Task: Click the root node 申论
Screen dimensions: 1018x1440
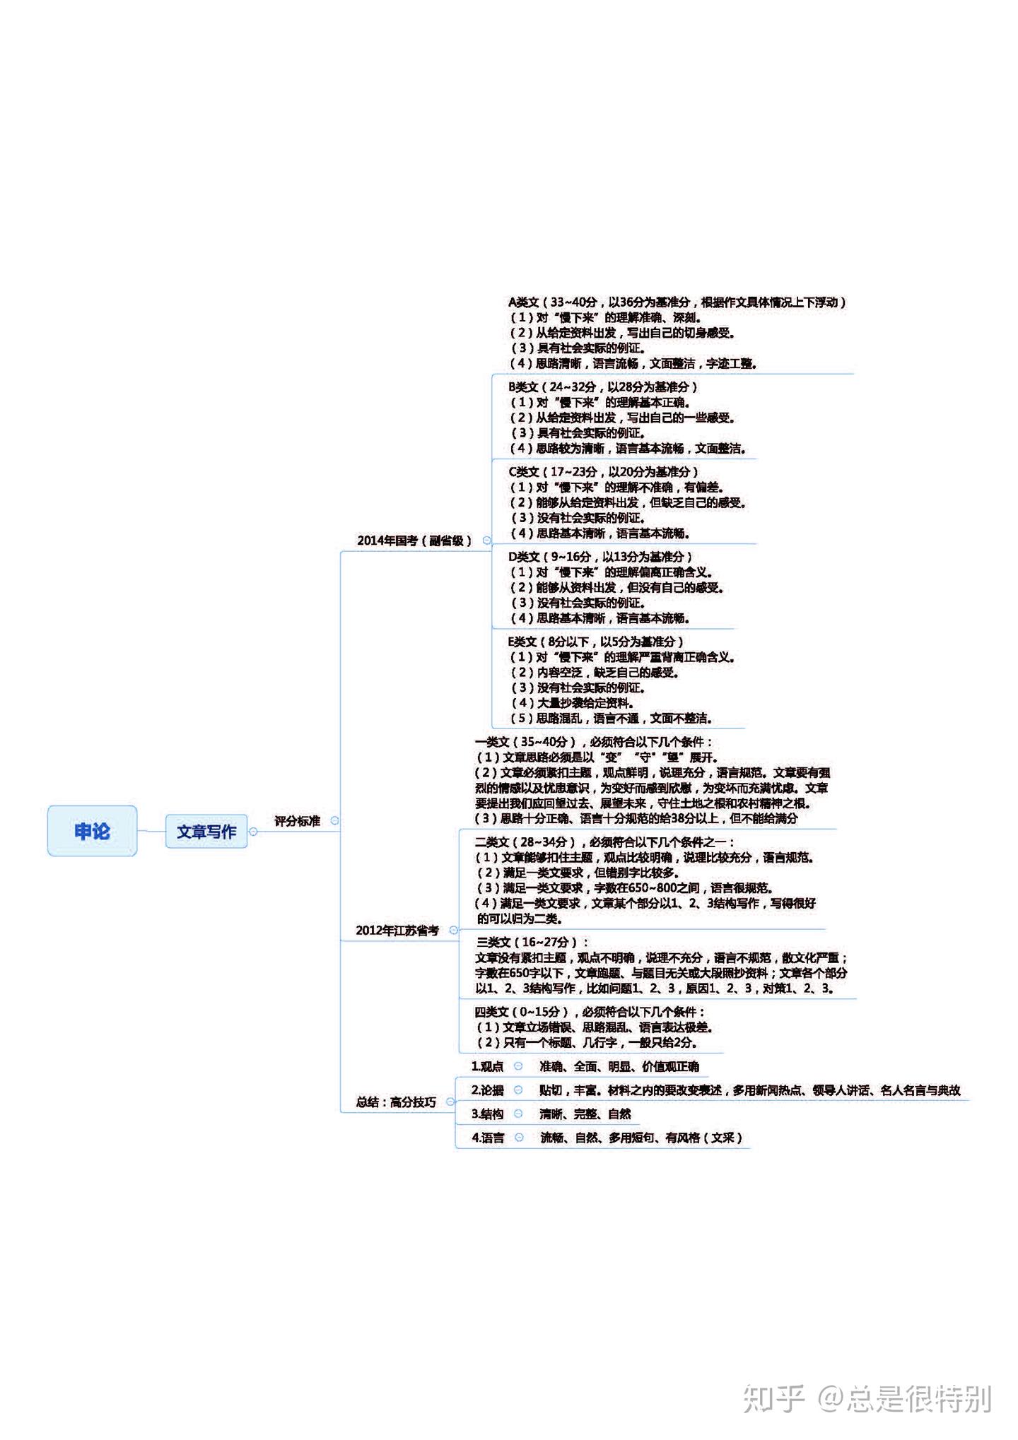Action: point(92,831)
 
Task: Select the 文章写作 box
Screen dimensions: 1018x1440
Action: point(206,832)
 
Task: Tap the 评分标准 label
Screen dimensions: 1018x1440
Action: point(297,821)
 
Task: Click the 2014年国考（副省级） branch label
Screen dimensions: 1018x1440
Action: point(414,541)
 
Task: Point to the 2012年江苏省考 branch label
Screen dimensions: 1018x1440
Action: point(397,931)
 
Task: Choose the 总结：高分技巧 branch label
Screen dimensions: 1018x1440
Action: point(396,1102)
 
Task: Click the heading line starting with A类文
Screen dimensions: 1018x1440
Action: point(677,302)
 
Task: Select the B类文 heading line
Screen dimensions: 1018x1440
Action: point(602,387)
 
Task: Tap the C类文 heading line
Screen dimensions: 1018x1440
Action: point(602,472)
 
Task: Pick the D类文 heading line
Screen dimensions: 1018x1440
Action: point(599,557)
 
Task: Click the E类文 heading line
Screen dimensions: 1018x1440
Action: point(595,642)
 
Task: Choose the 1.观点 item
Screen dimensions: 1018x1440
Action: point(487,1066)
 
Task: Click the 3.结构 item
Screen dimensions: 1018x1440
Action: point(487,1114)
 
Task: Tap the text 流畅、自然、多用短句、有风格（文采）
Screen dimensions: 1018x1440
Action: point(641,1138)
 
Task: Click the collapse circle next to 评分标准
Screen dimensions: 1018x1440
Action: point(335,821)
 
